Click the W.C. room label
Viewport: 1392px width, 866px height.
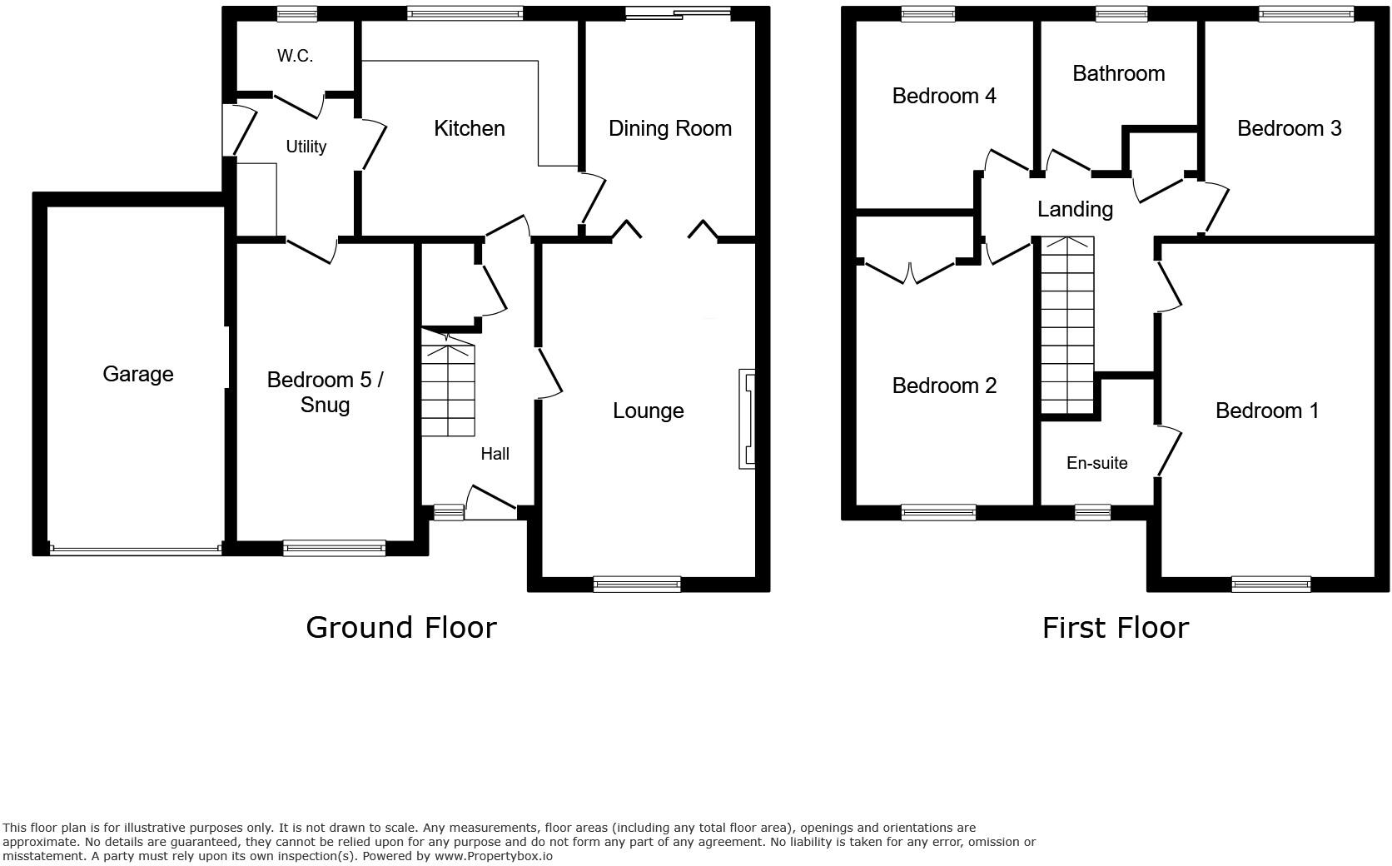(x=295, y=57)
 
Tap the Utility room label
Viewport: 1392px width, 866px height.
(x=306, y=147)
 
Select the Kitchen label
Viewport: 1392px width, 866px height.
(x=469, y=128)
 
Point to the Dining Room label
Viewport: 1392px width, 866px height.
(x=669, y=128)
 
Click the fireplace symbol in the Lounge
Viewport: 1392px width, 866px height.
(x=747, y=419)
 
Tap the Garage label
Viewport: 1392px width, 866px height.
(x=137, y=374)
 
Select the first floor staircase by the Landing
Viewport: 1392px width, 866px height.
(x=1067, y=325)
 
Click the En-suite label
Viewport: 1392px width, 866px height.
(x=1096, y=463)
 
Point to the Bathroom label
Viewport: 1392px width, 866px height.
(x=1118, y=73)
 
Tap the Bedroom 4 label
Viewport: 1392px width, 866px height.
(x=943, y=96)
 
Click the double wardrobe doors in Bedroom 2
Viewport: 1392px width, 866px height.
(x=910, y=271)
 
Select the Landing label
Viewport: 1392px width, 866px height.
(x=1075, y=209)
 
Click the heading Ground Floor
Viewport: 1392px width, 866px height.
(x=400, y=627)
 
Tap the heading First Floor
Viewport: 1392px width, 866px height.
(x=1115, y=627)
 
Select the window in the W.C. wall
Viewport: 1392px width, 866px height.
(x=297, y=12)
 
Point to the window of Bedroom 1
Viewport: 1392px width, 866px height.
(x=1270, y=585)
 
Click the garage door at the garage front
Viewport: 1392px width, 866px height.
(x=135, y=549)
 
